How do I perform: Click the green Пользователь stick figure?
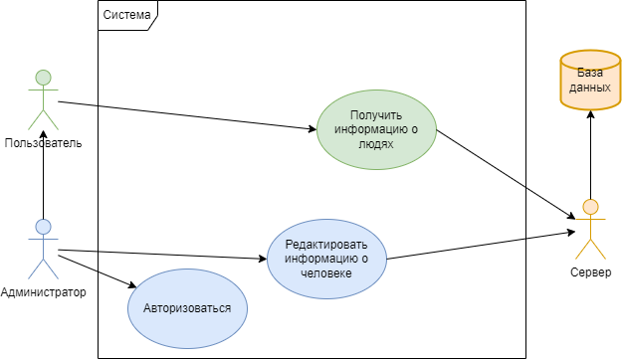click(x=43, y=99)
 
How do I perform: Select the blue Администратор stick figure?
click(x=43, y=249)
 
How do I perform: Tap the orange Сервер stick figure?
click(x=590, y=230)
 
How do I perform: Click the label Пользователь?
click(x=43, y=143)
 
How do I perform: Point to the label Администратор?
click(x=43, y=292)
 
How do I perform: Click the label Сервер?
click(x=590, y=272)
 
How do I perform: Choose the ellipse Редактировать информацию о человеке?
click(x=326, y=259)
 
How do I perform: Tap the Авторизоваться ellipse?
click(x=187, y=307)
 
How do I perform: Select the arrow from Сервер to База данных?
click(x=590, y=154)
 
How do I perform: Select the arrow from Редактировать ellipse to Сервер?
click(x=478, y=246)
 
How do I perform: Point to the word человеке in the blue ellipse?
click(x=326, y=272)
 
